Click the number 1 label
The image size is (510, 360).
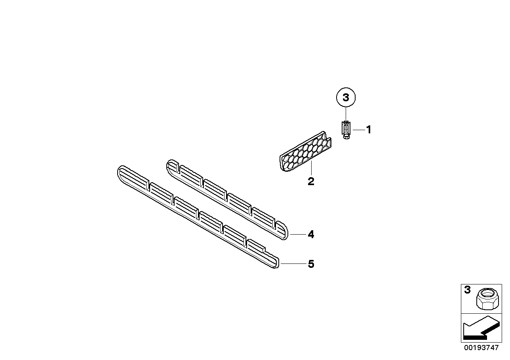[369, 129]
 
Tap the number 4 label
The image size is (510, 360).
[311, 235]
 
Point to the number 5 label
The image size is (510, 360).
[311, 264]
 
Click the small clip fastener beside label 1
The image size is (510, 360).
[346, 129]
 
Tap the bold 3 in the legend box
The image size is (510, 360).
[467, 290]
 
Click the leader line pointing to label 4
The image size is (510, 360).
[298, 235]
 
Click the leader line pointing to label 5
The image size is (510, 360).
[293, 263]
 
